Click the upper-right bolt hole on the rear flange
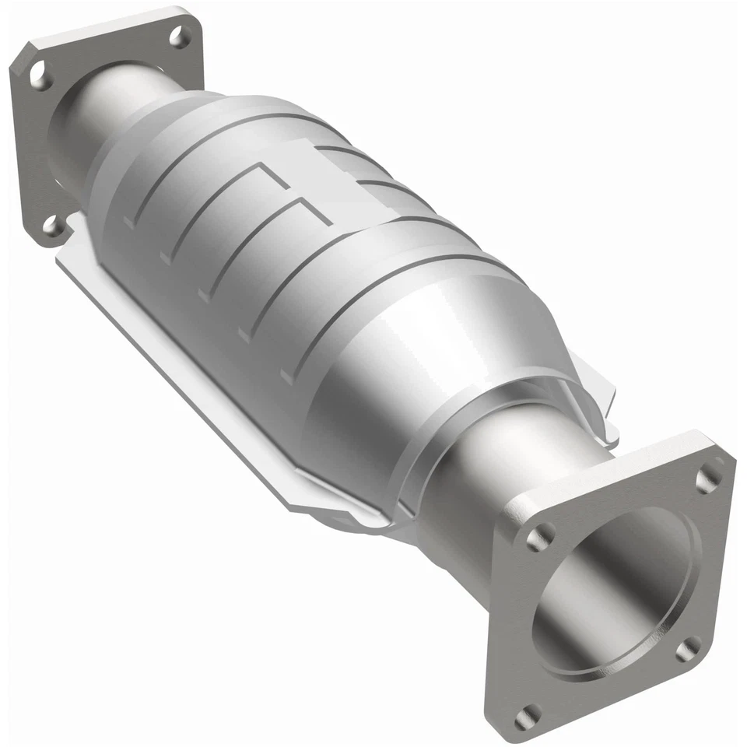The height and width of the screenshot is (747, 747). (x=178, y=35)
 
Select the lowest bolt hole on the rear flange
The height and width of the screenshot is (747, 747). (x=53, y=225)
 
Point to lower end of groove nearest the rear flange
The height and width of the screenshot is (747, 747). (x=128, y=226)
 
